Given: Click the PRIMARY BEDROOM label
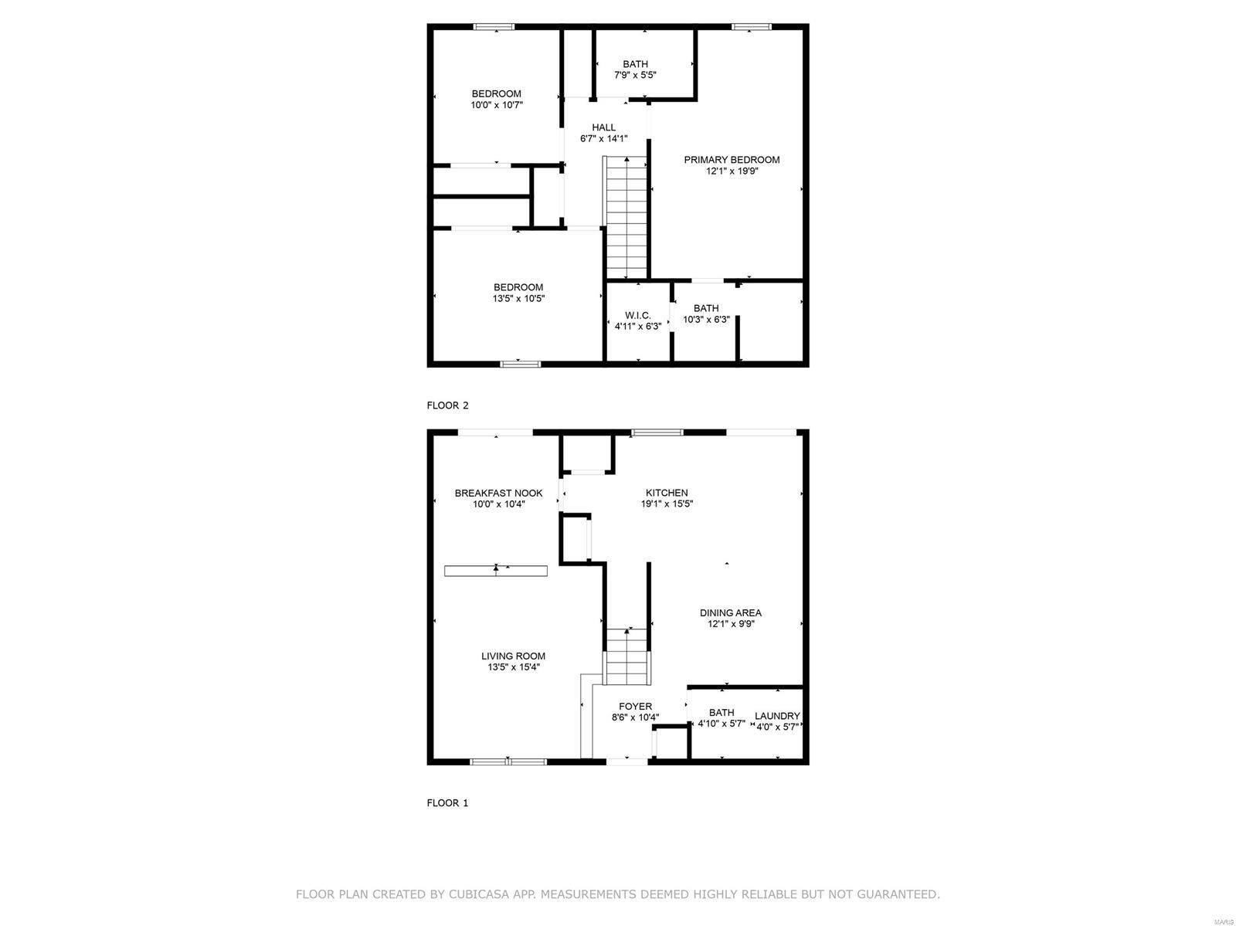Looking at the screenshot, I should coord(732,160).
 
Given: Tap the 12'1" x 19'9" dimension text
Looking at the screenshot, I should coord(732,171).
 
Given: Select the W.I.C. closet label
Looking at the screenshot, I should coord(637,315).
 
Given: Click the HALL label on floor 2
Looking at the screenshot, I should coord(603,127).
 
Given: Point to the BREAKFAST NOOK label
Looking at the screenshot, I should coord(498,493).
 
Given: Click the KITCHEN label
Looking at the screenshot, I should coord(667,493).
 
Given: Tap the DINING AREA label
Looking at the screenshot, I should coord(730,612).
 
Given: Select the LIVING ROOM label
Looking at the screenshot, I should coord(513,656).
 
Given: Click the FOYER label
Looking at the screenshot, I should coord(635,706).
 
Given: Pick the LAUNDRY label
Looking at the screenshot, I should coord(777,716).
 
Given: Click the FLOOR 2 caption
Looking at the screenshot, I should coord(447,405).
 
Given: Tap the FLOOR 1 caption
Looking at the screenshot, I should coord(447,803).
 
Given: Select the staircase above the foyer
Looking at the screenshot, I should coord(626,657).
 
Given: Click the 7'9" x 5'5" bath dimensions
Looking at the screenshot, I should coord(635,76).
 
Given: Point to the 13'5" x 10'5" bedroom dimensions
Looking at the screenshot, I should coord(518,298).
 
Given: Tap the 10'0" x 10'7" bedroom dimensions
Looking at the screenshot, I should coord(497,104).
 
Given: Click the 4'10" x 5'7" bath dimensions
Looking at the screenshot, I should coord(722,724).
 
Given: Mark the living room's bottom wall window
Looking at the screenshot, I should coord(508,761).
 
